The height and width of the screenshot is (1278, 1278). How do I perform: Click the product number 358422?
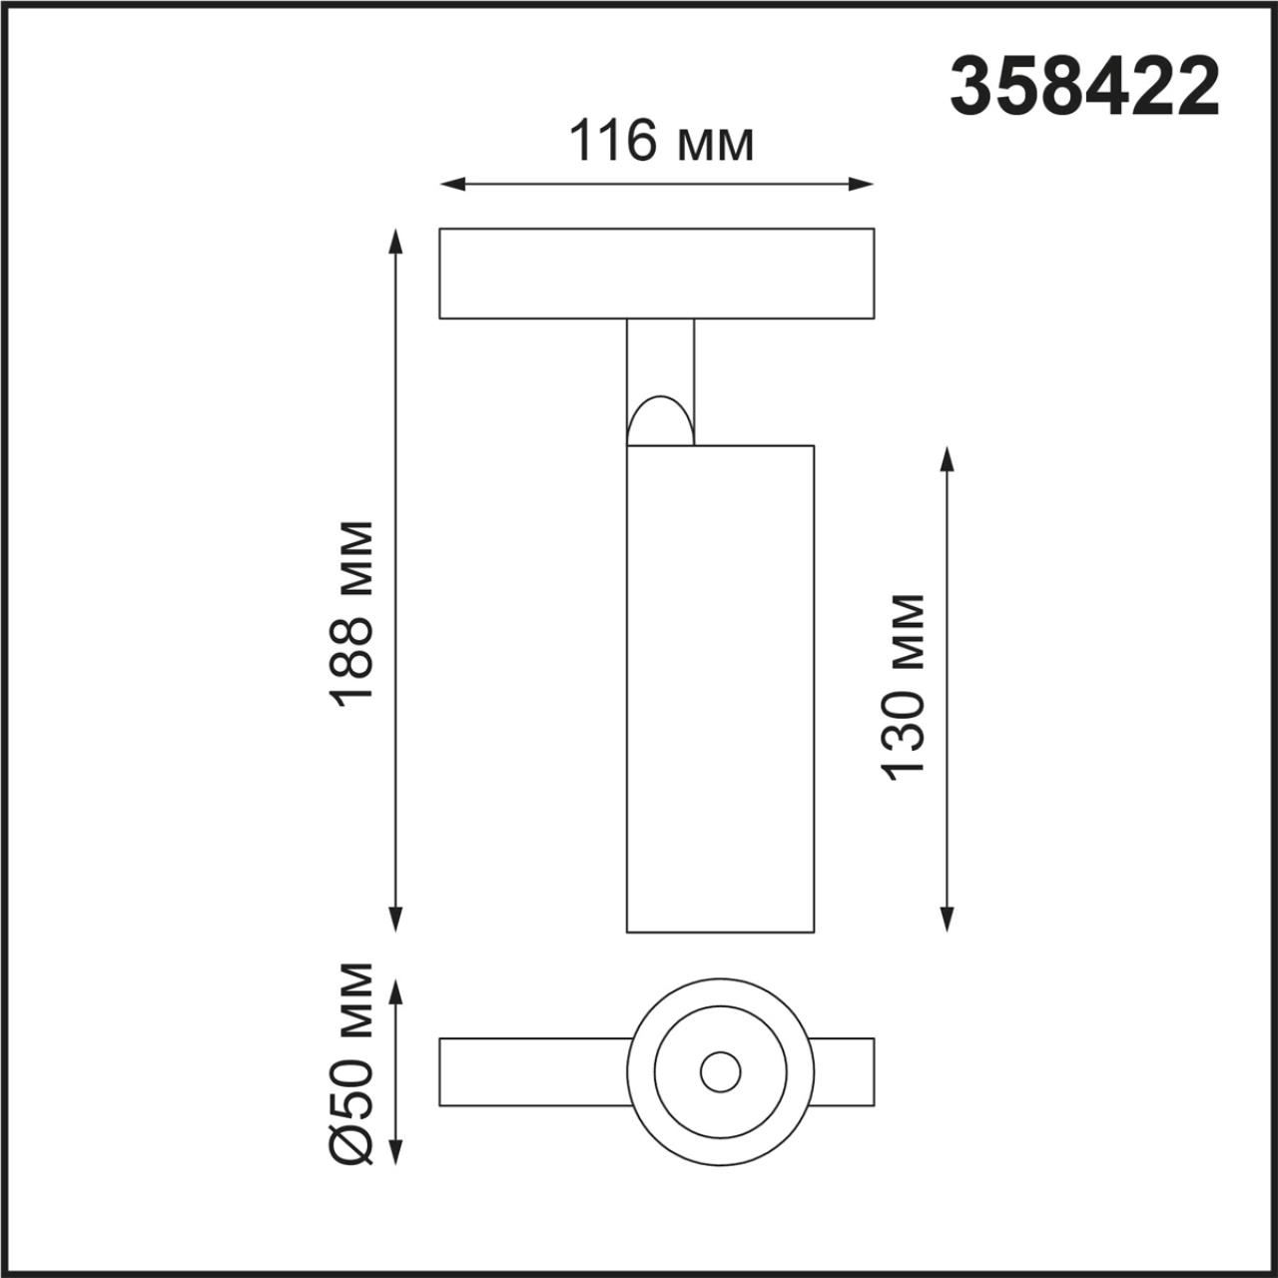point(1084,88)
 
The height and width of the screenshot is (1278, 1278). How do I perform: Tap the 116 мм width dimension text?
point(660,141)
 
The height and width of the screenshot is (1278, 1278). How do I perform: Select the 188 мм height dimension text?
point(354,614)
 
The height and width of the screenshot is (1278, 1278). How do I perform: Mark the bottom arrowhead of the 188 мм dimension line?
point(396,920)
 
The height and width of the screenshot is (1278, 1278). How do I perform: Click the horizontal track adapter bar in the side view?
point(656,274)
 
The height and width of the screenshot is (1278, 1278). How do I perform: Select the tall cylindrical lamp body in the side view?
point(719,689)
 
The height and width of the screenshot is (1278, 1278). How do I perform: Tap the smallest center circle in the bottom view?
point(720,1072)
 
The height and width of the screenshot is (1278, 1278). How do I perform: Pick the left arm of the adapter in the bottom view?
point(534,1072)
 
